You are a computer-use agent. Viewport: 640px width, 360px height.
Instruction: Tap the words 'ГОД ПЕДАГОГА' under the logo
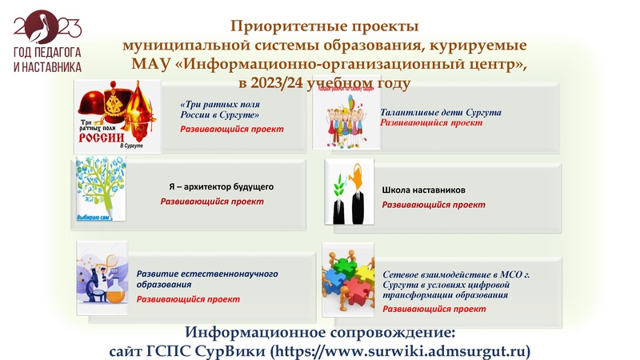47,53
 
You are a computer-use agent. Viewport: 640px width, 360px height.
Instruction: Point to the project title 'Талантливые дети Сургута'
441,113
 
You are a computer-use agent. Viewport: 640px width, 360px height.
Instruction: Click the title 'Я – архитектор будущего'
221,186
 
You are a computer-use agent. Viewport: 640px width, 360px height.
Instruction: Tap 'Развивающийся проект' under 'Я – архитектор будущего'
212,202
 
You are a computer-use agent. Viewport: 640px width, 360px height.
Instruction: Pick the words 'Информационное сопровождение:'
320,332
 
